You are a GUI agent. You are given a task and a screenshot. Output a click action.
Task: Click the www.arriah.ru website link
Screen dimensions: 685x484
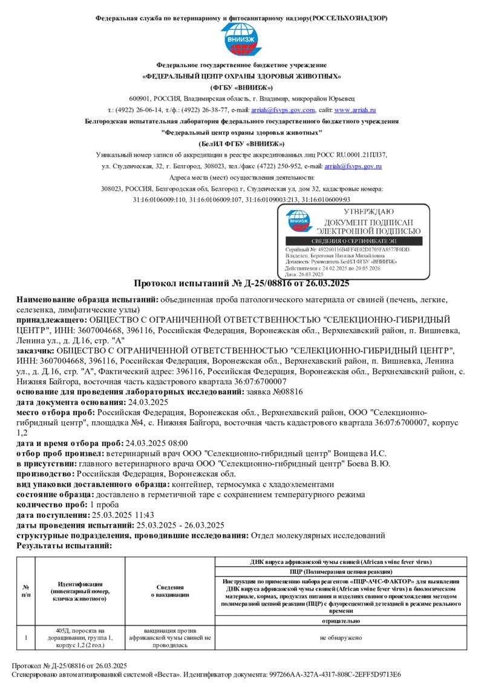pyautogui.click(x=355, y=110)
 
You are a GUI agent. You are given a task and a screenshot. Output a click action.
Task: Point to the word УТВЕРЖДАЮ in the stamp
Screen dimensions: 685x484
pyautogui.click(x=368, y=212)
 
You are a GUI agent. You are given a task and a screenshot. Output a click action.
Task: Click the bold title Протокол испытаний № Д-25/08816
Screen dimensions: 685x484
pyautogui.click(x=241, y=283)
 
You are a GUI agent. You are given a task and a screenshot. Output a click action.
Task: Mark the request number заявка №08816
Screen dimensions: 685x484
pyautogui.click(x=277, y=392)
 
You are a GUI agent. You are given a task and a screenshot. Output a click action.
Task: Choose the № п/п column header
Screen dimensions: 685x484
pyautogui.click(x=26, y=591)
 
